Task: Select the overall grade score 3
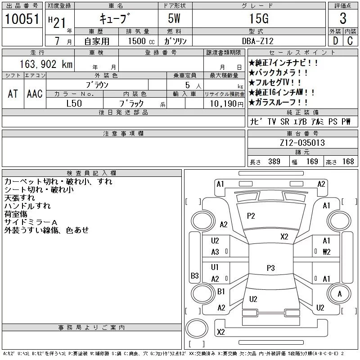point(343,19)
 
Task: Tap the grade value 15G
point(258,19)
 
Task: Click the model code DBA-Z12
point(258,41)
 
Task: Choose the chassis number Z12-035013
point(302,143)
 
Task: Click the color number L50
point(74,103)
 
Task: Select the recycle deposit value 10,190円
point(223,103)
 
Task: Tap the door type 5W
point(175,19)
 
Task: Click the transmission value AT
point(13,94)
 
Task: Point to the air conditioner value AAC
point(35,94)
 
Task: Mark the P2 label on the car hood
point(251,216)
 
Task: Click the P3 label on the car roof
point(270,268)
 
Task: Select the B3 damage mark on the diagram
point(194,275)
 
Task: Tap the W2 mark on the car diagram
point(327,252)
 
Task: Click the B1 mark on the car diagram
point(221,292)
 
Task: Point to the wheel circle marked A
point(340,294)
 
